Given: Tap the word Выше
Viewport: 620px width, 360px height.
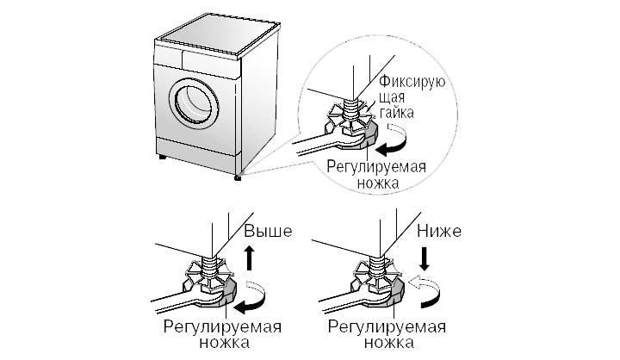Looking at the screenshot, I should (x=269, y=232).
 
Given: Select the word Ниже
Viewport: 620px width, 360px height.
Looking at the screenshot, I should (x=439, y=232).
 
